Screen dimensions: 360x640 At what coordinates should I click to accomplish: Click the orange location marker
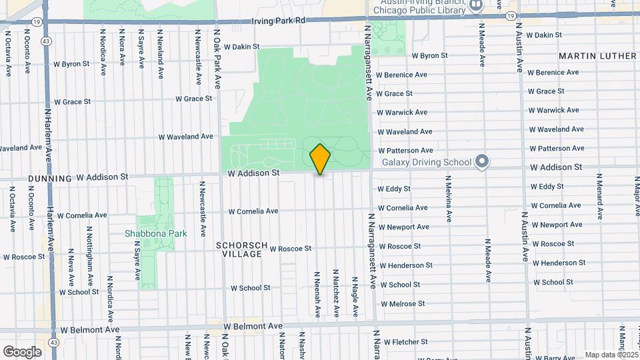tap(320, 159)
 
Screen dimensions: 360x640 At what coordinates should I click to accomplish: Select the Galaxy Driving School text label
tap(426, 162)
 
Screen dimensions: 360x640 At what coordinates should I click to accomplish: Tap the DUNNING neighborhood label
tap(50, 179)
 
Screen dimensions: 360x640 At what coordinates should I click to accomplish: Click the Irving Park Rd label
tap(278, 21)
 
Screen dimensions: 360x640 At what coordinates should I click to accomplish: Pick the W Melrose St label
tap(402, 303)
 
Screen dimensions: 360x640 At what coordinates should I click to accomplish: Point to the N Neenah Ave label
tap(317, 293)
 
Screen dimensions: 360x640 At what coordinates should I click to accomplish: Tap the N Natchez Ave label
tap(336, 293)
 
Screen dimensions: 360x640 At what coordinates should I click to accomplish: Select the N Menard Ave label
tap(599, 197)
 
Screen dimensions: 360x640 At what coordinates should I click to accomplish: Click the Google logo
tap(22, 351)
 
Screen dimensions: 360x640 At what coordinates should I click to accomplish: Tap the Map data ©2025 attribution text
tap(611, 355)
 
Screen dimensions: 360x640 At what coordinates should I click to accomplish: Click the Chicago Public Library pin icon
tap(476, 5)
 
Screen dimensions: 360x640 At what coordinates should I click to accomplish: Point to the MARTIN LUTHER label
tap(597, 56)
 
